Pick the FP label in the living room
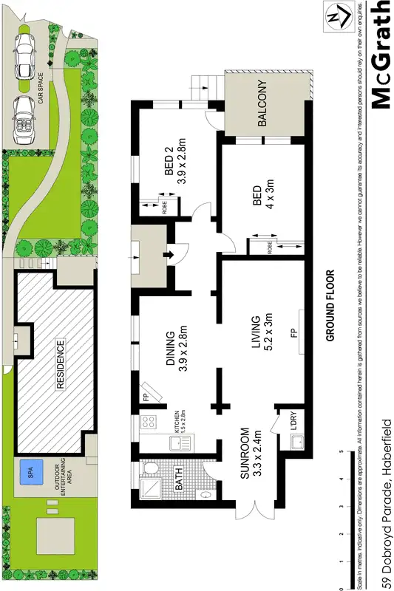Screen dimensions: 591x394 coord(293,333)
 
